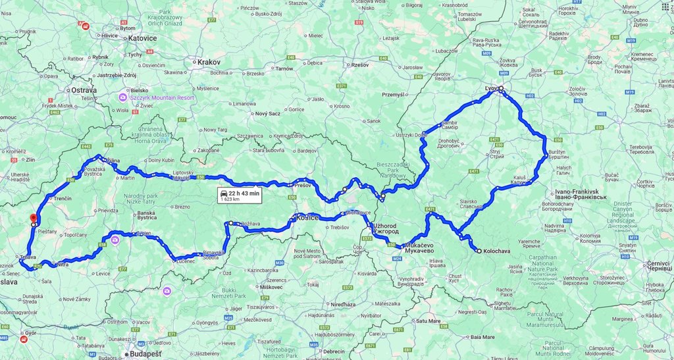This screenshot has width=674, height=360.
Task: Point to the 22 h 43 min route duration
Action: (244, 192)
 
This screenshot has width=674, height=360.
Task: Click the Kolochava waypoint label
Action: (498, 251)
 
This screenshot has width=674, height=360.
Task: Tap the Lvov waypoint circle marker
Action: (500, 88)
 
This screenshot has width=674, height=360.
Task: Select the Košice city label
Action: (308, 217)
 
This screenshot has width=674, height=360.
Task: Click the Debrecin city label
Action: (334, 351)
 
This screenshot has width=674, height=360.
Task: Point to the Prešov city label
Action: (301, 186)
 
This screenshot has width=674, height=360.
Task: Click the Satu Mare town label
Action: (431, 321)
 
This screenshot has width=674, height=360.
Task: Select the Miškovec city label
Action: (271, 288)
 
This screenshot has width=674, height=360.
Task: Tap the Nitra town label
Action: (63, 265)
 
